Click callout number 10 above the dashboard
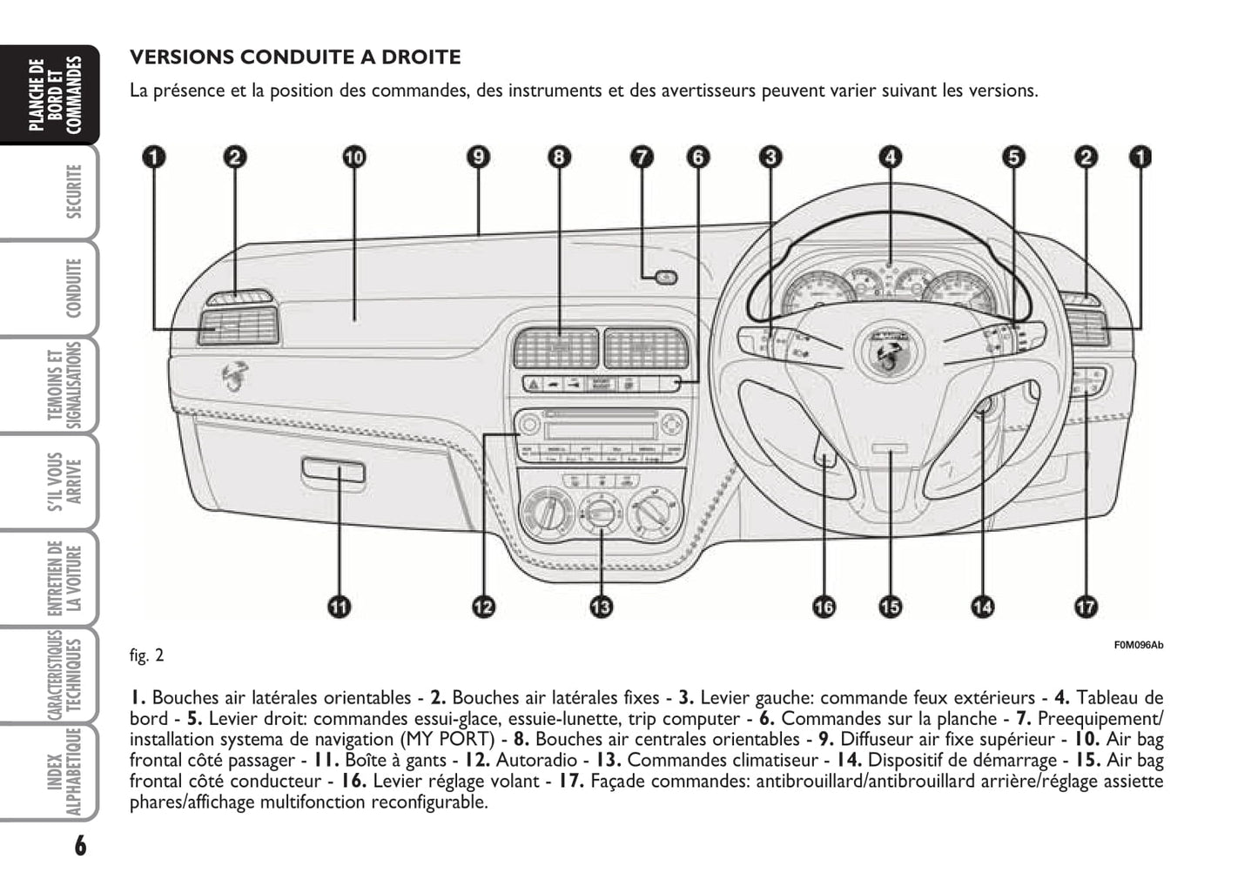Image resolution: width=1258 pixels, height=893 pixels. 353,158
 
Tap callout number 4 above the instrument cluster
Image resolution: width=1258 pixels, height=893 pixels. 889,158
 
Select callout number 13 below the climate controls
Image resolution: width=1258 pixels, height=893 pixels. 601,607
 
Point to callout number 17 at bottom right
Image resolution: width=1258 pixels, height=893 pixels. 1086,607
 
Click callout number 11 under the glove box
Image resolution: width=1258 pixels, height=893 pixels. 339,607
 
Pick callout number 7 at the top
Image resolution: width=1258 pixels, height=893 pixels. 640,158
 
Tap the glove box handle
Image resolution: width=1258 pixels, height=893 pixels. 333,471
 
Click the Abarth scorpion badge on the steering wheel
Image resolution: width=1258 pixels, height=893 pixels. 886,352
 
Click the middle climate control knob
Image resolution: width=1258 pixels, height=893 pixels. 599,511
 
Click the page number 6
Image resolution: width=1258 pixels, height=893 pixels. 80,844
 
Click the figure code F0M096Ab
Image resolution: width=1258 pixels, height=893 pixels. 1138,645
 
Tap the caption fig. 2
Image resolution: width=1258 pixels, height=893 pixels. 146,655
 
